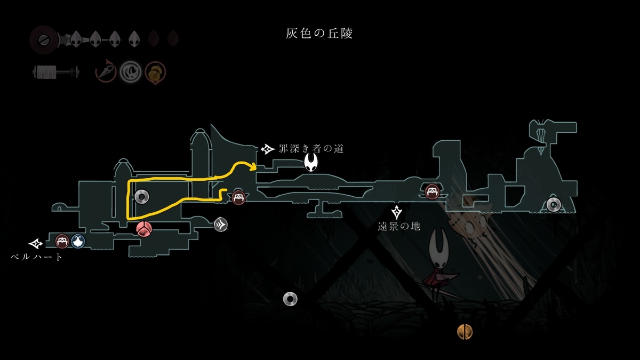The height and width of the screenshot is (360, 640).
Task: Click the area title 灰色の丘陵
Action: tap(319, 34)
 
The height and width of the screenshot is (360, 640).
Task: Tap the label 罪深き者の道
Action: tap(311, 149)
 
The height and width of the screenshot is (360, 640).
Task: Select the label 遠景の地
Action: tap(399, 226)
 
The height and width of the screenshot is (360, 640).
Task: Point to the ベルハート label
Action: tap(36, 257)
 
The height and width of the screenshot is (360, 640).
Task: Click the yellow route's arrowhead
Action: tap(253, 166)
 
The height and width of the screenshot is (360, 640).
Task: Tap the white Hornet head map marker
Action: tap(311, 162)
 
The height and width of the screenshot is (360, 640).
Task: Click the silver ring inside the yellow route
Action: tap(142, 197)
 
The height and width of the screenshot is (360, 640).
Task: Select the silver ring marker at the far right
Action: tap(554, 205)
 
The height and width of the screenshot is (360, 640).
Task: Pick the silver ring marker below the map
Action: tap(290, 299)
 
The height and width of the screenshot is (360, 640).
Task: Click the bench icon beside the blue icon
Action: tap(62, 241)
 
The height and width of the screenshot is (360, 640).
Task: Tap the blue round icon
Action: tap(78, 241)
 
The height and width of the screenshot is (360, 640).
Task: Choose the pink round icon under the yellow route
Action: tap(144, 229)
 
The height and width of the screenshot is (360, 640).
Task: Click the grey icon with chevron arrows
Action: tap(221, 225)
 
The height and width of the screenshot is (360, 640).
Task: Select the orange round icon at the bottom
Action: tap(465, 332)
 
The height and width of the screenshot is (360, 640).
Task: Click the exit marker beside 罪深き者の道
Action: tap(268, 149)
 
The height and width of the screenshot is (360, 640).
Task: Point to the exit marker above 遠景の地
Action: tap(397, 212)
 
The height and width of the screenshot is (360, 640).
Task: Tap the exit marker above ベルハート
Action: tap(35, 244)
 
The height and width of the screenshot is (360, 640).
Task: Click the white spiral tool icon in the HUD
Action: tap(130, 71)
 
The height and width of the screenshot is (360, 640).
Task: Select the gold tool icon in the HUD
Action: tap(155, 73)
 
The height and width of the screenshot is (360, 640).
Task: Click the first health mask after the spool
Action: tap(76, 39)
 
